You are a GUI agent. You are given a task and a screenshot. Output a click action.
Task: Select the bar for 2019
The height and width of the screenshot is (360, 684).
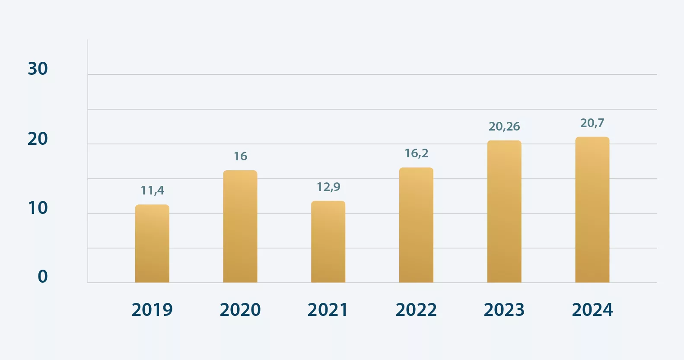coord(152,244)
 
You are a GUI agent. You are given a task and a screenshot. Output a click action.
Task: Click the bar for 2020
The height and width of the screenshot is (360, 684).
coord(240,226)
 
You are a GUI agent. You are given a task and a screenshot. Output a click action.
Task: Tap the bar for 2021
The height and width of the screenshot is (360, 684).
coord(328,242)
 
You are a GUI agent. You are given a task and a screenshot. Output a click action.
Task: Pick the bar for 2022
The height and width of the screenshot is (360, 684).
coord(416,225)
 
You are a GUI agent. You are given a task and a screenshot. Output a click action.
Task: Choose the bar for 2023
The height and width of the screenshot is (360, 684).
coord(504,212)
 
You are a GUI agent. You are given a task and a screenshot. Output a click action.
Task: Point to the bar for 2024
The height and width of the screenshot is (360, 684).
coord(592,210)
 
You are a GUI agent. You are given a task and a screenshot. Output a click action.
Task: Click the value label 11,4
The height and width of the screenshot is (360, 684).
coord(152,191)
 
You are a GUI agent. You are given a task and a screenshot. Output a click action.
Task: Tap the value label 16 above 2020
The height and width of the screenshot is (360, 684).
coord(241,156)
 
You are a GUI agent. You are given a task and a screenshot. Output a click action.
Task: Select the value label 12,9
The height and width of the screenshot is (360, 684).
coord(328,187)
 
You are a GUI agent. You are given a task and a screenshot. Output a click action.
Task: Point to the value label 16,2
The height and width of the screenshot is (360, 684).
coord(416,153)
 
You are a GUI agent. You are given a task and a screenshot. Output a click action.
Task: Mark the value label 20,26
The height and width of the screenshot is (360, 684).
coord(504,127)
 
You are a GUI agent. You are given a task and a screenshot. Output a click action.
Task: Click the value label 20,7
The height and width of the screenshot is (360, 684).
coord(592,123)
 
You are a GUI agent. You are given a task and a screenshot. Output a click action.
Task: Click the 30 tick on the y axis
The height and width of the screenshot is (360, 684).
coord(38,69)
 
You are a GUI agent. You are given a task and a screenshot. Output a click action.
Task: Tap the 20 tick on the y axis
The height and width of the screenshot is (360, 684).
coord(38,139)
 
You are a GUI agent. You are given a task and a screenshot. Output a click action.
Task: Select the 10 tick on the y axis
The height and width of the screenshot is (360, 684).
coord(38,208)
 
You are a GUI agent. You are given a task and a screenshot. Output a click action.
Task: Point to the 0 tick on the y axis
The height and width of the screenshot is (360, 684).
coord(43,277)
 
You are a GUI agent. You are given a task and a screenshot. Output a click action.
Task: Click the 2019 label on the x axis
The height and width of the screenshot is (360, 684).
coord(152,310)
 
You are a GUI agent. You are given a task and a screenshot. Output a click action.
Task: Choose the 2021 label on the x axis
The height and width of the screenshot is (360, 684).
coord(328,310)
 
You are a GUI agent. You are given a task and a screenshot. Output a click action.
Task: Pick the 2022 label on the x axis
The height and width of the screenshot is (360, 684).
coord(416,310)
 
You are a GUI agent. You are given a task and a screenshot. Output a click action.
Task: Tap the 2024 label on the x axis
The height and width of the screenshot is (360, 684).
coord(592,310)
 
